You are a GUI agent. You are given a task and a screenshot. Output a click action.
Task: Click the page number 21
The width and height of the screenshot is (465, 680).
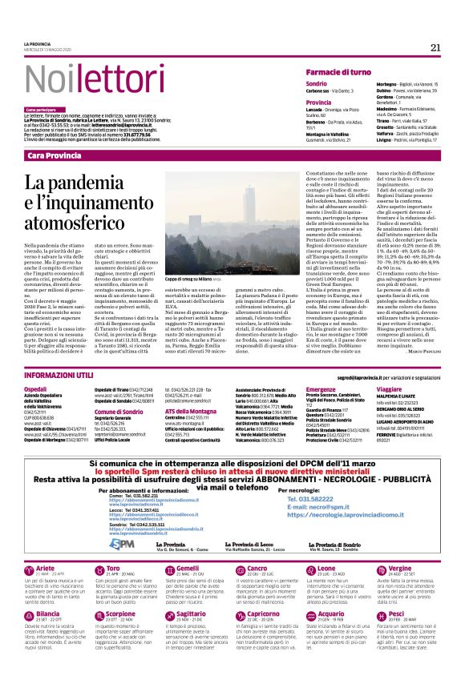pyautogui.click(x=435, y=46)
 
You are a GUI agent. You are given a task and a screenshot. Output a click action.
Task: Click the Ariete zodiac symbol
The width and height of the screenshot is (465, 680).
pyautogui.click(x=29, y=569)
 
